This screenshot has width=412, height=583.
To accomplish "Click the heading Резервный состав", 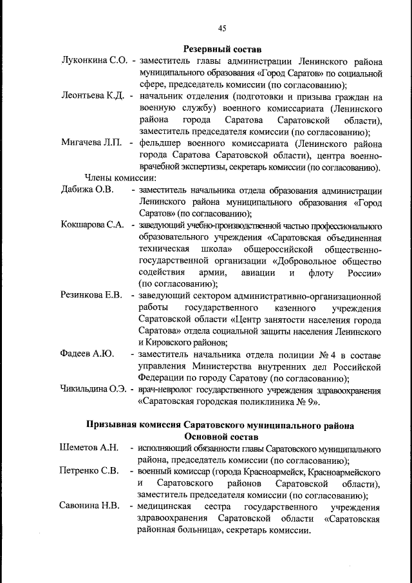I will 222,49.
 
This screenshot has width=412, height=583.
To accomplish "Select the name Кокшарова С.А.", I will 92,225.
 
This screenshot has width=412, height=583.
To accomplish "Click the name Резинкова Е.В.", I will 91,296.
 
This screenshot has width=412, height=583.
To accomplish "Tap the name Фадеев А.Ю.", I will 86,354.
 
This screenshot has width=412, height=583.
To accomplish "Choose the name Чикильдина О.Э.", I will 95,390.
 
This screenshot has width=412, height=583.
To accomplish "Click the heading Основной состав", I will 221,437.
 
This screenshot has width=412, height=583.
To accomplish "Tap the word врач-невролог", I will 165,390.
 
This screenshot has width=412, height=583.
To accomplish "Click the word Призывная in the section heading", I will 114,425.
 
